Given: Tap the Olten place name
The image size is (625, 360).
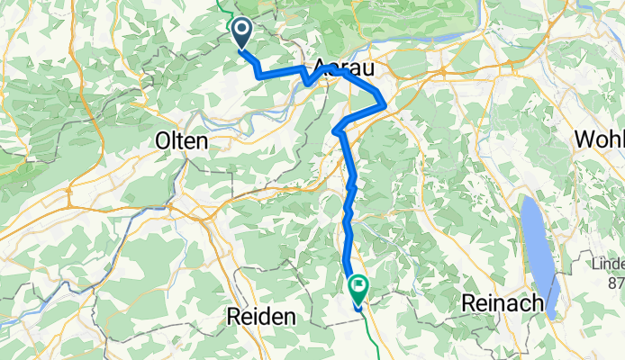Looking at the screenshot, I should coord(182,141).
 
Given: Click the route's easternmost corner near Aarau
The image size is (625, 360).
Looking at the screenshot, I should coord(385,105).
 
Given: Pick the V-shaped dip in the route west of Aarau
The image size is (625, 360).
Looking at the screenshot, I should coord(307,83).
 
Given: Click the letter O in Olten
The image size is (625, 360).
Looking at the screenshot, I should coord(163,141).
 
